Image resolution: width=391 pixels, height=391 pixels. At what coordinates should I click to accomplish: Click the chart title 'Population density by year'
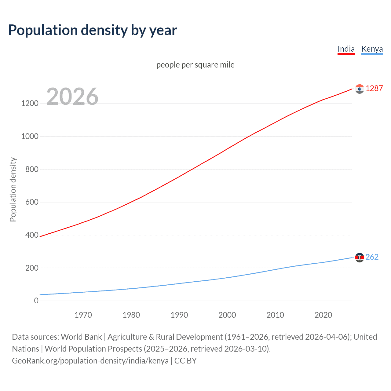point(93,30)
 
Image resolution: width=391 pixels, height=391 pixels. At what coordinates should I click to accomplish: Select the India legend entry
point(346,49)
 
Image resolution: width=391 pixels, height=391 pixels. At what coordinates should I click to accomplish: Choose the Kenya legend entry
point(372,49)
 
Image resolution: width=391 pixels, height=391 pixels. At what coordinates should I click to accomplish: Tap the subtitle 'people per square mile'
point(195,65)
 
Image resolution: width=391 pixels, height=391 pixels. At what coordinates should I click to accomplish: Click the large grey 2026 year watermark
point(72,97)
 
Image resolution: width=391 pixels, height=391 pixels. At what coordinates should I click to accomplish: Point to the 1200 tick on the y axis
point(30,103)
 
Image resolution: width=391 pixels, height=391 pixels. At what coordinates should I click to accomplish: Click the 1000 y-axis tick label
point(30,136)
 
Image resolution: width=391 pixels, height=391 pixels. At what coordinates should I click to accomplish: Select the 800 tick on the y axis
point(32,169)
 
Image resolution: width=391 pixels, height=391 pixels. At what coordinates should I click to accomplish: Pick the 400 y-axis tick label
point(32,235)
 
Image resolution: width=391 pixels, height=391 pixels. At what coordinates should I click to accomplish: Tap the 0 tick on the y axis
point(36,301)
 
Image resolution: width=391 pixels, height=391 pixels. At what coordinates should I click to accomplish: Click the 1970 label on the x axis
point(83,315)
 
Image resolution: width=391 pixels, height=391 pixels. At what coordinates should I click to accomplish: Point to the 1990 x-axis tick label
point(179,315)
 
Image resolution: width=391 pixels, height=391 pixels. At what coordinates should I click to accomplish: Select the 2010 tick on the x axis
point(275,315)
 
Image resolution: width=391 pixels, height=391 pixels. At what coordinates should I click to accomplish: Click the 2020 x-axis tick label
point(323,315)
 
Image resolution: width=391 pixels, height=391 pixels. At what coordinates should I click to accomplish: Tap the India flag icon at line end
point(360,89)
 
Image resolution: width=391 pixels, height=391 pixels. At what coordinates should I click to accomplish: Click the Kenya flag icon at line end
point(360,258)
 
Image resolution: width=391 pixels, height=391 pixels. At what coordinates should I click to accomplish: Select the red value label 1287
point(374,89)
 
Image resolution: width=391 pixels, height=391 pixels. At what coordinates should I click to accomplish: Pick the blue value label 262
point(372,257)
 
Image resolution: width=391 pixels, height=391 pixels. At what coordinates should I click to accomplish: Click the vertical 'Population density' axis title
point(13,189)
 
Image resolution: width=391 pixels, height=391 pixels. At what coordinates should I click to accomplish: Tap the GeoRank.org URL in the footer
point(90,361)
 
